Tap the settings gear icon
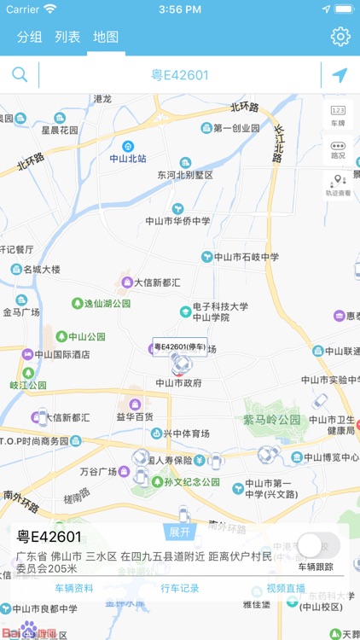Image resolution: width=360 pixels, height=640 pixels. pos(340,37)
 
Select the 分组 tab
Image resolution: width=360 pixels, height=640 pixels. pos(29,37)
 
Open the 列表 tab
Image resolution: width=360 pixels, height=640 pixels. pos(67,37)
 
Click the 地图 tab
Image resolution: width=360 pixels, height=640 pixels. pos(106,37)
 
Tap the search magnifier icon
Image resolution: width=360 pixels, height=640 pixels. pos(20,75)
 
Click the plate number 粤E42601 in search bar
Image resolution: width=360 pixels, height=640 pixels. pos(180,75)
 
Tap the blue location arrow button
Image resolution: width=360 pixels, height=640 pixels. pos(340,75)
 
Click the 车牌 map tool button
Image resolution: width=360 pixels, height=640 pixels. pos(339,115)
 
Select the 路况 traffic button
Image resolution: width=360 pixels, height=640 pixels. pos(339,149)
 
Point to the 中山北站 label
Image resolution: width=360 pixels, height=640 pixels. pos(128,158)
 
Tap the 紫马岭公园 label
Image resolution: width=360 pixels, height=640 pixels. pos(272,420)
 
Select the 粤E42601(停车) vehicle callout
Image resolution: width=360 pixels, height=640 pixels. pos(179,346)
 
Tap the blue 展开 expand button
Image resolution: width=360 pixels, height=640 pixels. pos(179,532)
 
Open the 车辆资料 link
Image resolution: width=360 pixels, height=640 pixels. pos(74,588)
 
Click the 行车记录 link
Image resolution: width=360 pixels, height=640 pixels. pos(179,588)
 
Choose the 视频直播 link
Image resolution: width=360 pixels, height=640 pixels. pos(286,588)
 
